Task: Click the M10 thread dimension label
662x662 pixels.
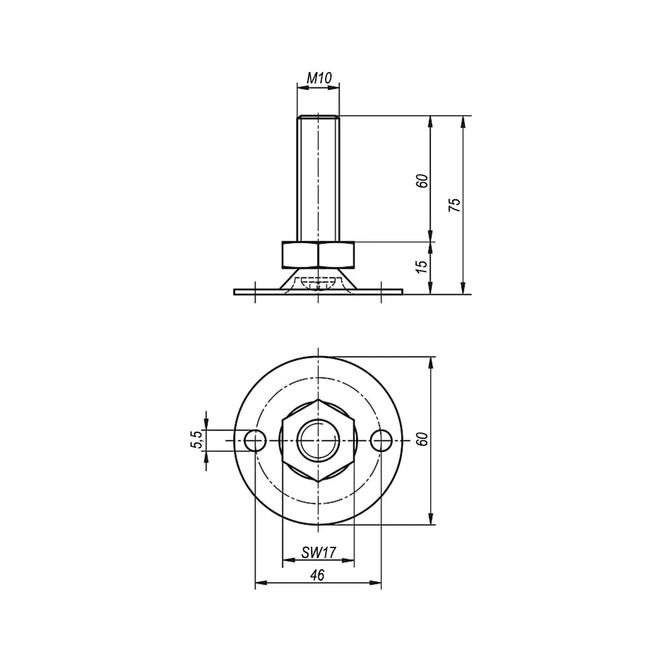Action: (319, 78)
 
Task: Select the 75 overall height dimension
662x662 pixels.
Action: (455, 205)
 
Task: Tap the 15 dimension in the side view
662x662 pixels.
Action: (422, 266)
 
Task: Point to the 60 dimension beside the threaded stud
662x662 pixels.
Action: (422, 181)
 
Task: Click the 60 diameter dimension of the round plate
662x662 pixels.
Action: (422, 440)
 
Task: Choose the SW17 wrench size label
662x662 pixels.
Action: (318, 552)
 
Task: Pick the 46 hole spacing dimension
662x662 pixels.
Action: (318, 575)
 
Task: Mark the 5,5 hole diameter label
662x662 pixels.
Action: (197, 440)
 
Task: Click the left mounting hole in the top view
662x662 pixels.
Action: (255, 441)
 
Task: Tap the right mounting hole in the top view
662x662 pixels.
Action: (381, 441)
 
